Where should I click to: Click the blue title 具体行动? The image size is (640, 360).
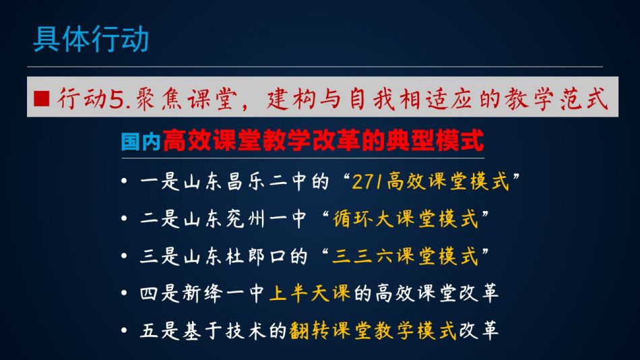click(91, 39)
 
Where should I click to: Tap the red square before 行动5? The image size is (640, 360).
click(42, 98)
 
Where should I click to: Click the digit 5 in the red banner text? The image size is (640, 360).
click(117, 99)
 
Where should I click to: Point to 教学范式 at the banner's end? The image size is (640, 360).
click(556, 99)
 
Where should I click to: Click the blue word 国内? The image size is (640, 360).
click(141, 142)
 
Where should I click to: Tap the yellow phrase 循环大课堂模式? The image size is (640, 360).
click(406, 218)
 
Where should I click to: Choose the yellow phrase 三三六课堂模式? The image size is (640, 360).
click(405, 256)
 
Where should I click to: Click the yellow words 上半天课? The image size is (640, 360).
click(310, 293)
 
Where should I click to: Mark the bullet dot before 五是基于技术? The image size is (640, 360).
click(124, 330)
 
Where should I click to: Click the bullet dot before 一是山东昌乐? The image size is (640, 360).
click(124, 181)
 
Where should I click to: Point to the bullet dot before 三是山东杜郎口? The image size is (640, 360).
click(124, 256)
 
